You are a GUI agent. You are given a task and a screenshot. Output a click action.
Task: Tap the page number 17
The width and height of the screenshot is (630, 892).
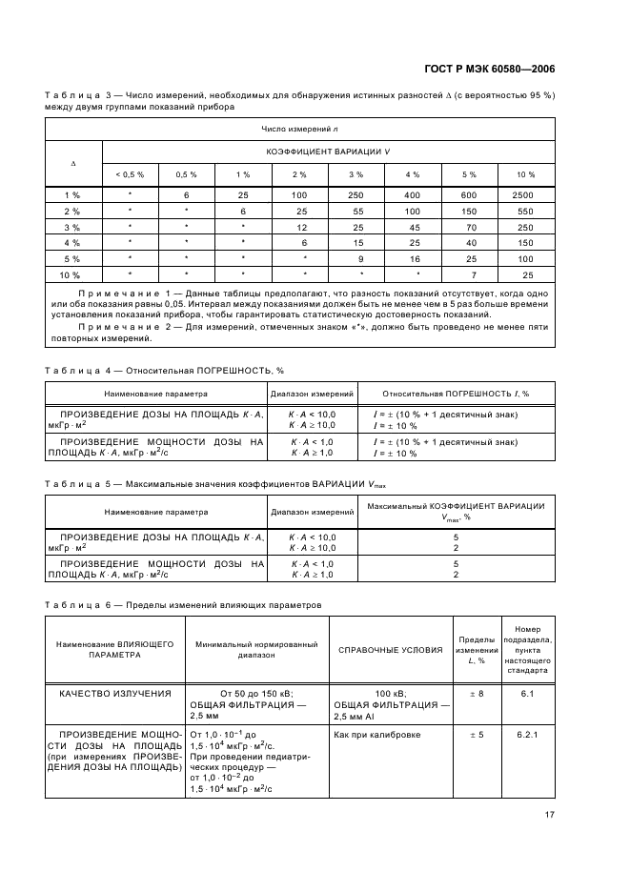pyautogui.click(x=550, y=814)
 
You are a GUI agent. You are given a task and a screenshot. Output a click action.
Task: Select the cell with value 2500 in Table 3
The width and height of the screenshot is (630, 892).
pyautogui.click(x=525, y=194)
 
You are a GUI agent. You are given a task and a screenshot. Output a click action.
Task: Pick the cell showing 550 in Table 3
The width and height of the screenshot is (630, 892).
pyautogui.click(x=525, y=211)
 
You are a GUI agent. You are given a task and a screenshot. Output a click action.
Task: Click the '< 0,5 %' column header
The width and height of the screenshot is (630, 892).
pyautogui.click(x=130, y=174)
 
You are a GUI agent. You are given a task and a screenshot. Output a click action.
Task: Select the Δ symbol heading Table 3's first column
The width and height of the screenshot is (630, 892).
pyautogui.click(x=73, y=163)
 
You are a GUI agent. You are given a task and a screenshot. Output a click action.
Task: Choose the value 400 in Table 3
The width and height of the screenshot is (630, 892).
pyautogui.click(x=413, y=194)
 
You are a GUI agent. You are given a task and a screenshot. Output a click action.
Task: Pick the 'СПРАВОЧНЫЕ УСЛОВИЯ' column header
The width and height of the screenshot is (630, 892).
pyautogui.click(x=390, y=650)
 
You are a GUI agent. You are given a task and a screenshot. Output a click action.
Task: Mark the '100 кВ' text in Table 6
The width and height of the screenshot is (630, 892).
pyautogui.click(x=391, y=693)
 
